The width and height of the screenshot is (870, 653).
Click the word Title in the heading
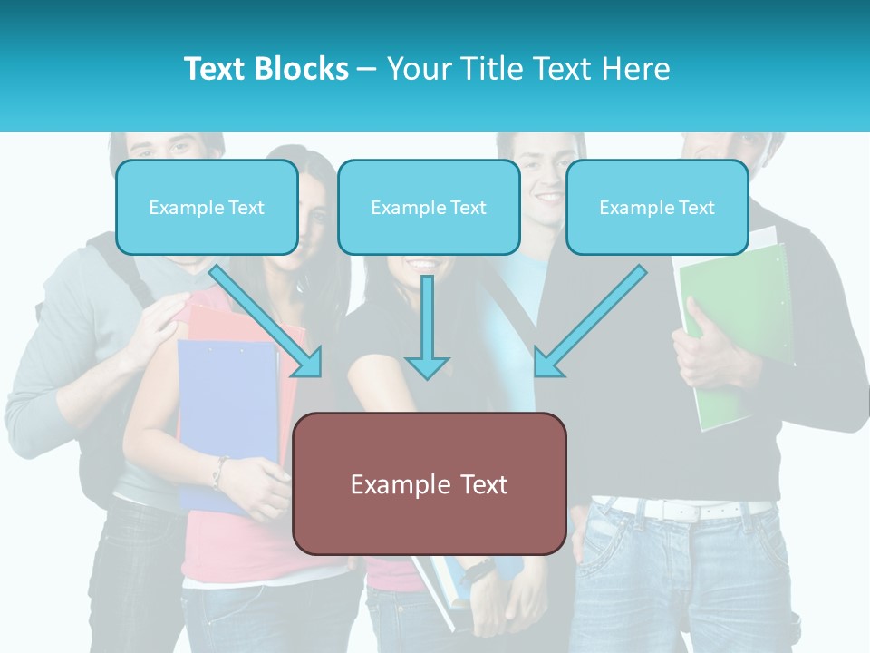click(x=488, y=69)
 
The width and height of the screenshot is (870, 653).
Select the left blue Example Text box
click(x=207, y=208)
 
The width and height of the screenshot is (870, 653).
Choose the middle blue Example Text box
click(x=429, y=208)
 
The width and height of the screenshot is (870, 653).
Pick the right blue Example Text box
click(x=657, y=208)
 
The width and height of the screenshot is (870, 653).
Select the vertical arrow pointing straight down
click(x=427, y=326)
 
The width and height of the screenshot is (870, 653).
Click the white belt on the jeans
click(x=689, y=510)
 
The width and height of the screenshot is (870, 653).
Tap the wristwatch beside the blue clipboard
click(x=218, y=473)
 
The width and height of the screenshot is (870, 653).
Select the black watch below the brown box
click(x=476, y=571)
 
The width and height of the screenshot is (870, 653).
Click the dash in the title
click(x=367, y=69)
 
